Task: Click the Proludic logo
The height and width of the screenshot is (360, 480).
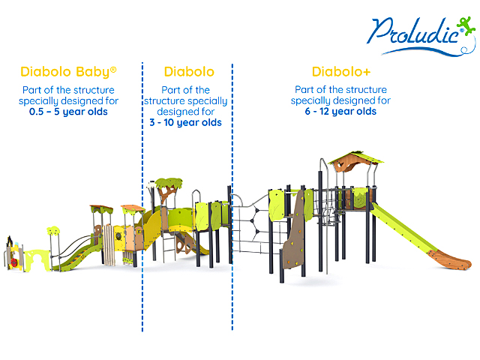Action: point(421,36)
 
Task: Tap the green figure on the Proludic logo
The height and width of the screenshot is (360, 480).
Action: point(466,25)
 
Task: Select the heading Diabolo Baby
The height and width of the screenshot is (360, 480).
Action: point(68,72)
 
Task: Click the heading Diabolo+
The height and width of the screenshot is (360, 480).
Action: point(341,72)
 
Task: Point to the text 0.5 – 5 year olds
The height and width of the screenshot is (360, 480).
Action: point(68,112)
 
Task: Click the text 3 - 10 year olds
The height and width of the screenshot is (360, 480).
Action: point(185,122)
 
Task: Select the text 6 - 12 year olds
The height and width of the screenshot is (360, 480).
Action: point(340,112)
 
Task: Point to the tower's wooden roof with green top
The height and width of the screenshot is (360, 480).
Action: point(355,161)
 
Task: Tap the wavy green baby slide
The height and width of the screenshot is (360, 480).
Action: point(76,254)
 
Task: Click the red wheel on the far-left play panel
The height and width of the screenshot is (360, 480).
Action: point(14,262)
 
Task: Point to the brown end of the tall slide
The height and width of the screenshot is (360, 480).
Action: point(449,259)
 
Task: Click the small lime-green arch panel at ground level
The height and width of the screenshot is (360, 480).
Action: point(37,260)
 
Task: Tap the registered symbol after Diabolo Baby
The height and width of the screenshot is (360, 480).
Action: point(113,70)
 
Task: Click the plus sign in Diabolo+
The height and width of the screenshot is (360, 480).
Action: point(367,73)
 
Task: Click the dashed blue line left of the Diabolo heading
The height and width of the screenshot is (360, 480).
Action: point(142,196)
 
